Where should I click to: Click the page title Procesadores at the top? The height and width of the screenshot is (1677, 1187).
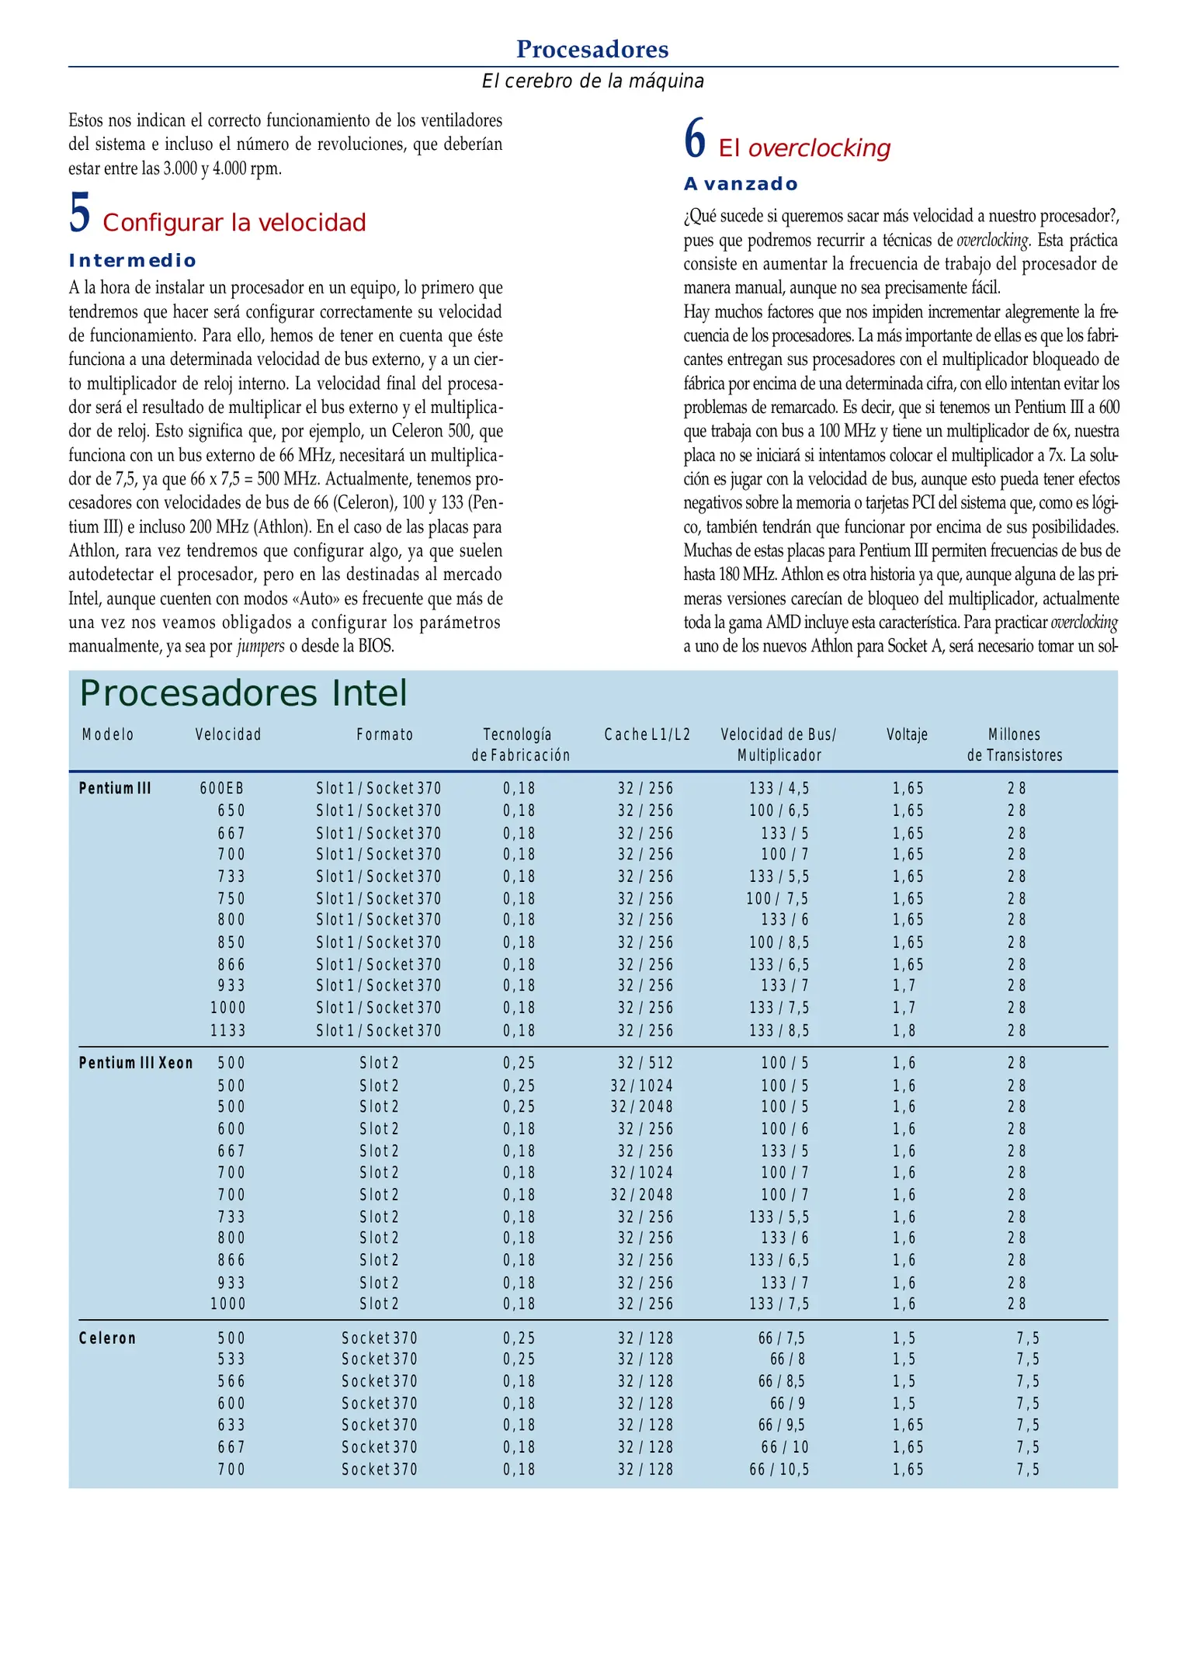point(592,49)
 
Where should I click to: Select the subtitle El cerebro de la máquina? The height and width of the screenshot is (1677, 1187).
point(592,82)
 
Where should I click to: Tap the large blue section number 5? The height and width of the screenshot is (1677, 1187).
point(79,214)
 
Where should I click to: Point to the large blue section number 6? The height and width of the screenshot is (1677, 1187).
point(695,139)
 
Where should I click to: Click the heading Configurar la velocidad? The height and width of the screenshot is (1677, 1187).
point(234,223)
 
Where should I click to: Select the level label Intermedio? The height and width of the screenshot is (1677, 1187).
point(133,261)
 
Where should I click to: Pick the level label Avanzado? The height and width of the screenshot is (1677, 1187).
point(741,185)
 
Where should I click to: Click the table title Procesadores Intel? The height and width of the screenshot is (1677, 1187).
point(243,693)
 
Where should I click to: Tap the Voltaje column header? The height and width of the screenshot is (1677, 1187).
point(907,734)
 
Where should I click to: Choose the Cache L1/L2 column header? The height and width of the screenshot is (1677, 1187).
point(647,734)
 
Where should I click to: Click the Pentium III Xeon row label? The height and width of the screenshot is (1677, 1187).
point(136,1063)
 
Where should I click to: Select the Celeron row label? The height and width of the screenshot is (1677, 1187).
point(107,1338)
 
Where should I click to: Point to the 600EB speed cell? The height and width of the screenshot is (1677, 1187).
point(222,789)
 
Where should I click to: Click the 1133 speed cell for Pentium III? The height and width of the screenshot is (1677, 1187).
point(227,1031)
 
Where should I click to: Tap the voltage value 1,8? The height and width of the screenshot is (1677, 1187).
point(904,1031)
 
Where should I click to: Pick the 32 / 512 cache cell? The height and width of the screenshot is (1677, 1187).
point(645,1063)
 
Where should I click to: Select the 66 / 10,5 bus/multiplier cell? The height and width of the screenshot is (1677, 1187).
point(779,1470)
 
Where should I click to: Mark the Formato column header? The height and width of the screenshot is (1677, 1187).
point(385,734)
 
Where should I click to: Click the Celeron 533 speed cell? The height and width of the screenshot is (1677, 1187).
point(231,1359)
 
